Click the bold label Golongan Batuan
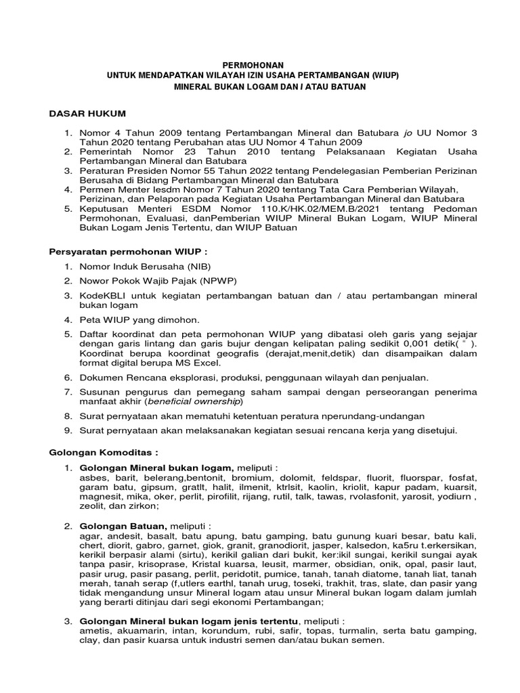coord(123,526)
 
